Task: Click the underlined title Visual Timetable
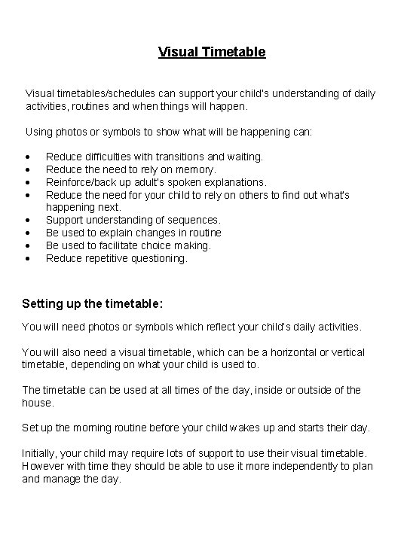(x=212, y=52)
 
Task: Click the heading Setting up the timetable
(x=92, y=303)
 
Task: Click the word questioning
(x=160, y=258)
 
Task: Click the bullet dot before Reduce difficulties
(x=27, y=157)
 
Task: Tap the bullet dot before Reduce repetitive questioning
(x=27, y=258)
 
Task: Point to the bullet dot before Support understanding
(x=27, y=220)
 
